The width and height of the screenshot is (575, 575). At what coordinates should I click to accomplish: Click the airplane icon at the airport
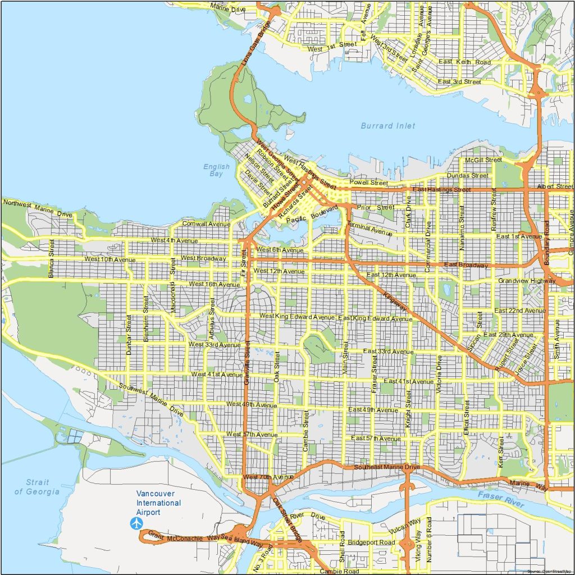pyautogui.click(x=136, y=523)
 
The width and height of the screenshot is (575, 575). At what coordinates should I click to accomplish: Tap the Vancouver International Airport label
pyautogui.click(x=159, y=503)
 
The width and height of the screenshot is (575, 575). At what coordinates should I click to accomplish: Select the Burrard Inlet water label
pyautogui.click(x=388, y=126)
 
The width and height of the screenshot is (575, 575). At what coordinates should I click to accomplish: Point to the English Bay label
pyautogui.click(x=216, y=170)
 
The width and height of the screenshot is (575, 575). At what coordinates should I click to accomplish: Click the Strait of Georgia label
pyautogui.click(x=37, y=487)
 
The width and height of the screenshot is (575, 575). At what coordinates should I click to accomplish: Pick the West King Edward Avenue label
pyautogui.click(x=296, y=317)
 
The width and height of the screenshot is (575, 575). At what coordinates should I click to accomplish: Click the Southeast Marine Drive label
pyautogui.click(x=387, y=467)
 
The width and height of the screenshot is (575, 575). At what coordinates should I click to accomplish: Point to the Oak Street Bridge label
pyautogui.click(x=287, y=515)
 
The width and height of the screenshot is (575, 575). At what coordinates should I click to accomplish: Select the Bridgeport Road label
pyautogui.click(x=371, y=543)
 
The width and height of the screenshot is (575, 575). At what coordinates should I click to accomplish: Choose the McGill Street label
pyautogui.click(x=483, y=160)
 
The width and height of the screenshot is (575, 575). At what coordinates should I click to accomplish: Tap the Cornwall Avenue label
pyautogui.click(x=207, y=224)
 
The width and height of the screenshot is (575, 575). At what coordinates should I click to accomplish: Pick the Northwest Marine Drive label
pyautogui.click(x=38, y=207)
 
